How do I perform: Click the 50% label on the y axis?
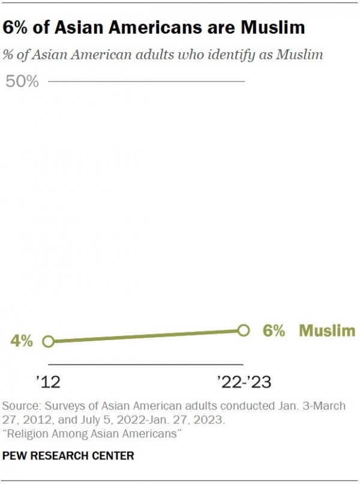click(22, 82)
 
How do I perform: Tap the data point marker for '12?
click(49, 341)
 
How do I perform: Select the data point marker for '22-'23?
click(243, 330)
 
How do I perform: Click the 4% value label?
click(21, 341)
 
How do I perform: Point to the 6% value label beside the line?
click(274, 330)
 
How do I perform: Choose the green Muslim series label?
click(326, 330)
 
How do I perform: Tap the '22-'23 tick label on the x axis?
click(244, 381)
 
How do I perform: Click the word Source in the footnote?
click(19, 406)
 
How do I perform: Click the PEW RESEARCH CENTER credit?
click(68, 456)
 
